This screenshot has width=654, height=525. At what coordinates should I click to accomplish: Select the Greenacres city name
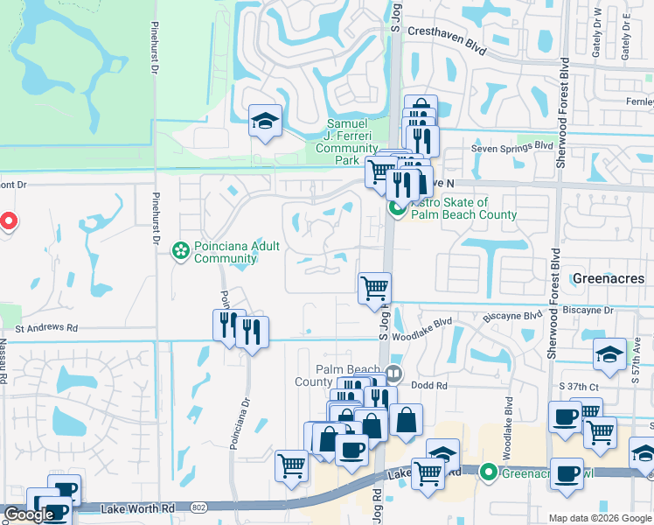point(609,278)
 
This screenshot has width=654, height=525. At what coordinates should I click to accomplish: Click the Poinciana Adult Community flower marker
point(182,252)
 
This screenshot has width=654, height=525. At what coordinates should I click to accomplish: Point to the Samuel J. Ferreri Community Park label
point(346,143)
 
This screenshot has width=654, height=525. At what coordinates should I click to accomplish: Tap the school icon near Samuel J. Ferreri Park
point(264,122)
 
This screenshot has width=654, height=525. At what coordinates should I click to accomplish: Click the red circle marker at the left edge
point(8,221)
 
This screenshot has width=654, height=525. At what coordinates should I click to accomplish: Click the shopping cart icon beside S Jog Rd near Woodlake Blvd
point(374,286)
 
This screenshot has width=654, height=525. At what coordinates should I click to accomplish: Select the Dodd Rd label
point(429,385)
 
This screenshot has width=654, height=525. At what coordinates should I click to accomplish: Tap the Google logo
point(29,514)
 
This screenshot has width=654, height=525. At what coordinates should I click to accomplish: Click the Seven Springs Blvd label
point(512,147)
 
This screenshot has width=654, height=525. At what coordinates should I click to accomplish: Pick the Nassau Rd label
point(4,359)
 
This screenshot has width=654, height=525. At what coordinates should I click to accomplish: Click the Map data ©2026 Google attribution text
point(599,518)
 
